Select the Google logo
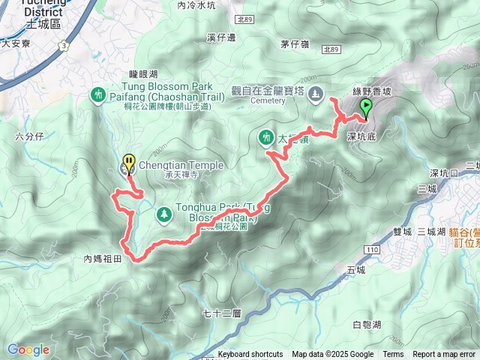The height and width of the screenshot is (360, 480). click(x=28, y=349)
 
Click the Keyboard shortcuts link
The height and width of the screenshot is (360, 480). click(x=250, y=355)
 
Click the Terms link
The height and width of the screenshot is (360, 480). click(x=393, y=355)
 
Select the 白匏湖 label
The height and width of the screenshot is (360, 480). click(x=366, y=304)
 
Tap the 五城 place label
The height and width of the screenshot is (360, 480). click(x=356, y=269)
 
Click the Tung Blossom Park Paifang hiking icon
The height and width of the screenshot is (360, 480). click(x=98, y=94)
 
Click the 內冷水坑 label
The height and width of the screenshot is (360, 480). click(x=196, y=5)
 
